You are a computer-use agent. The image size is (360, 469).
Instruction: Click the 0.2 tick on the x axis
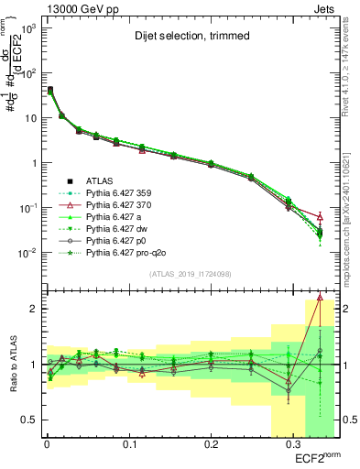(x=211, y=444)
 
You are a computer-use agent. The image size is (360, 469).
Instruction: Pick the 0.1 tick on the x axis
(x=128, y=444)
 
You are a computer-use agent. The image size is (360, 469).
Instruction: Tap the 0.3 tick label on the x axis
(x=293, y=444)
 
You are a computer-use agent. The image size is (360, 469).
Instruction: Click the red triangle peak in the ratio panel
(x=320, y=297)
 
